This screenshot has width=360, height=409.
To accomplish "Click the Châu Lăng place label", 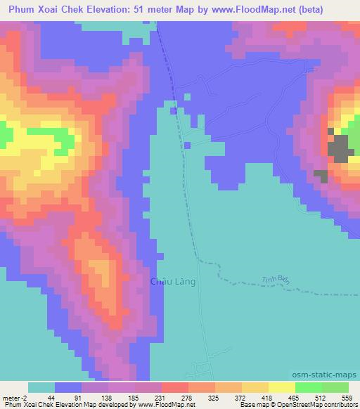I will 172,282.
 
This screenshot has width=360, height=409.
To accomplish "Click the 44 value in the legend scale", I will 52,397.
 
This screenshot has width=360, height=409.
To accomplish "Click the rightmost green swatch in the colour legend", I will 335,387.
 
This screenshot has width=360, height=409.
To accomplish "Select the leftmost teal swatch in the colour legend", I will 41,387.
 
